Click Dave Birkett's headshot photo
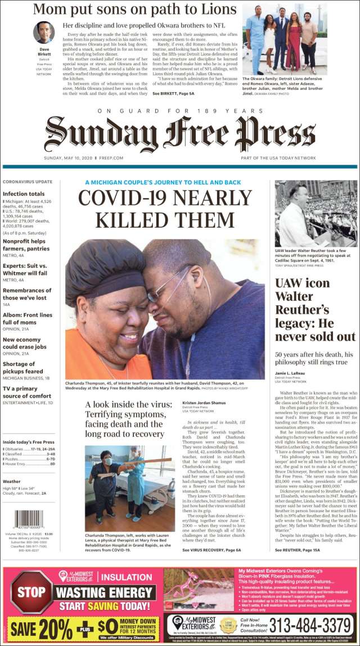click(43, 33)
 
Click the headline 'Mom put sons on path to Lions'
click(134, 10)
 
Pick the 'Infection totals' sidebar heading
click(24, 193)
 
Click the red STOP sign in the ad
click(32, 593)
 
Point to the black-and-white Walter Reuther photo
click(315, 214)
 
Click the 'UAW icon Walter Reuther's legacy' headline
click(315, 309)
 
